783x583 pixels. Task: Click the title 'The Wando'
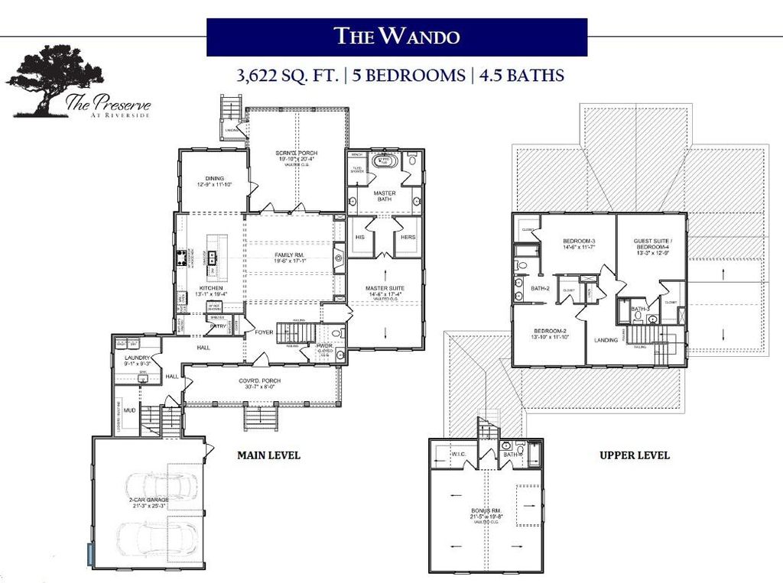click(396, 36)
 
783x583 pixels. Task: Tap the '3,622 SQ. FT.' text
click(284, 76)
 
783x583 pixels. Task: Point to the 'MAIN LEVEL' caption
click(268, 455)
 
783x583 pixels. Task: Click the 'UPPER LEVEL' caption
click(635, 455)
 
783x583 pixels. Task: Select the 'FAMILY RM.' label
click(291, 255)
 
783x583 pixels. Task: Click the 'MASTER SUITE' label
click(385, 288)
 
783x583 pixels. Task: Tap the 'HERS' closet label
click(408, 238)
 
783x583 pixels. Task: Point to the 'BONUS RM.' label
click(486, 510)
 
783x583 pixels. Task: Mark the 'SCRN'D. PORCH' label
click(296, 154)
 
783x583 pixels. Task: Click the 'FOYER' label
click(264, 332)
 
